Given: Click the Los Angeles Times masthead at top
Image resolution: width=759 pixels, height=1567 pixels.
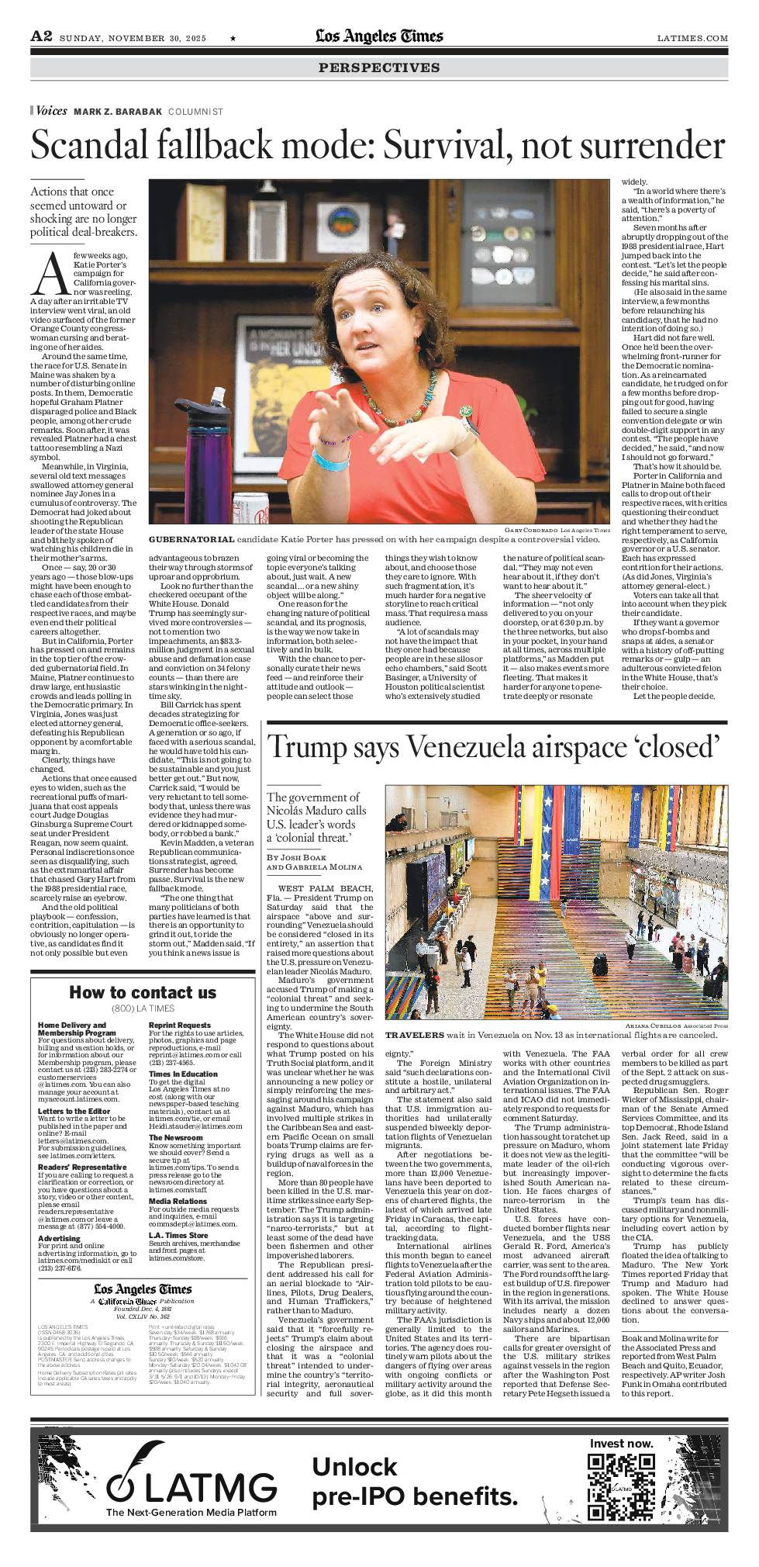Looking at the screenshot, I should [379, 36].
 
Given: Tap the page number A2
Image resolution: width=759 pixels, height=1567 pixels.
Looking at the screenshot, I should [41, 36].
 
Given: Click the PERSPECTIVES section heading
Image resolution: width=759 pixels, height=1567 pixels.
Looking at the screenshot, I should [379, 68].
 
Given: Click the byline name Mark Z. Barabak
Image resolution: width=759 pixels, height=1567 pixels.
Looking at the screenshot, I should [118, 112].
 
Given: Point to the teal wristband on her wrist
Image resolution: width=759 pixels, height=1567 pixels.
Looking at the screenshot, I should [331, 458].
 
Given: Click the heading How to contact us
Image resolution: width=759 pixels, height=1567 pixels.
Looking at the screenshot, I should [143, 992].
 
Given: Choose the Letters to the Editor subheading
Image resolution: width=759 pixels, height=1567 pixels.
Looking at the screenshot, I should [74, 1110].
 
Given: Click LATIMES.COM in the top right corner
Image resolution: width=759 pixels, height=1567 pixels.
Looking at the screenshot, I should [692, 38].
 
